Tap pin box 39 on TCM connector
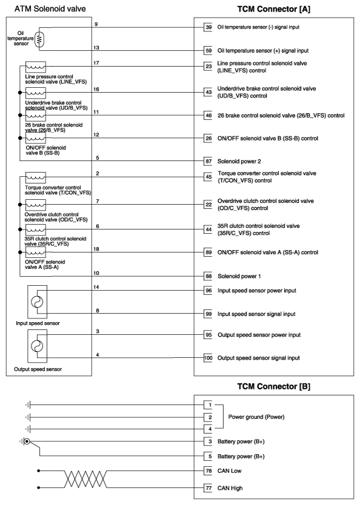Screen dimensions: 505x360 click(208, 28)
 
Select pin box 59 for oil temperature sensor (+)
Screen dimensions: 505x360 click(208, 51)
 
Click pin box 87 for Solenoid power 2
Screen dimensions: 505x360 click(208, 162)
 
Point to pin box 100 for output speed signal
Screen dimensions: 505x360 click(208, 358)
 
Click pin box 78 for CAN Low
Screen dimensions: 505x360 click(208, 470)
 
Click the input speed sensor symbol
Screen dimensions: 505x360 click(37, 302)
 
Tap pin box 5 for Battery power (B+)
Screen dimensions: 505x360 click(208, 456)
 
